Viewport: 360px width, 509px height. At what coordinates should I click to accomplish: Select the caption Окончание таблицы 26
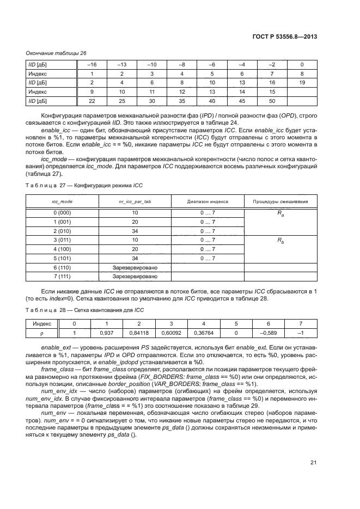click(57, 53)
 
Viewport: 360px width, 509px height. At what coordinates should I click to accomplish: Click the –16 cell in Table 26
click(92, 64)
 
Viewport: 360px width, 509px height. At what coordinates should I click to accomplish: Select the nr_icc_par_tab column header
click(135, 201)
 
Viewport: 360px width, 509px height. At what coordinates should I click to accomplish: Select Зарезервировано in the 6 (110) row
click(135, 267)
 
